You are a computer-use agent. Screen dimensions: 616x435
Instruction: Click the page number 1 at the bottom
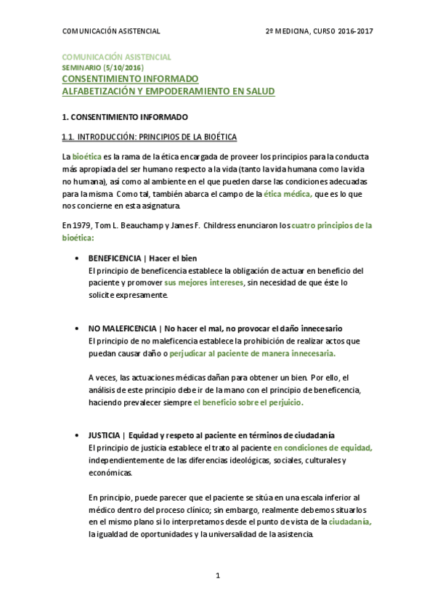pyautogui.click(x=218, y=575)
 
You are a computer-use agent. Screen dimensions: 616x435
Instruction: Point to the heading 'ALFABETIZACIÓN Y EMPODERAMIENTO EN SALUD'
pyautogui.click(x=168, y=92)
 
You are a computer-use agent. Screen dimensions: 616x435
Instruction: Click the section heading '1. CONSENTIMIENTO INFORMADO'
pyautogui.click(x=125, y=116)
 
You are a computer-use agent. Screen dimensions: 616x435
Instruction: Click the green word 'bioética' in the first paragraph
pyautogui.click(x=87, y=157)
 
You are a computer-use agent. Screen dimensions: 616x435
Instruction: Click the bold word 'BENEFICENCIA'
pyautogui.click(x=113, y=259)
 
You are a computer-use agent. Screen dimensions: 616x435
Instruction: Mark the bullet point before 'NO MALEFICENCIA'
pyautogui.click(x=78, y=328)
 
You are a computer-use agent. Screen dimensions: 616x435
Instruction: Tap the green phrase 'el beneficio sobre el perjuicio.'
pyautogui.click(x=248, y=402)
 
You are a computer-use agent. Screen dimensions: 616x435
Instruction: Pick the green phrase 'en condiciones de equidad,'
pyautogui.click(x=322, y=447)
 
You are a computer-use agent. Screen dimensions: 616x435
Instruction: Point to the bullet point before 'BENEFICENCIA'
pyautogui.click(x=78, y=259)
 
